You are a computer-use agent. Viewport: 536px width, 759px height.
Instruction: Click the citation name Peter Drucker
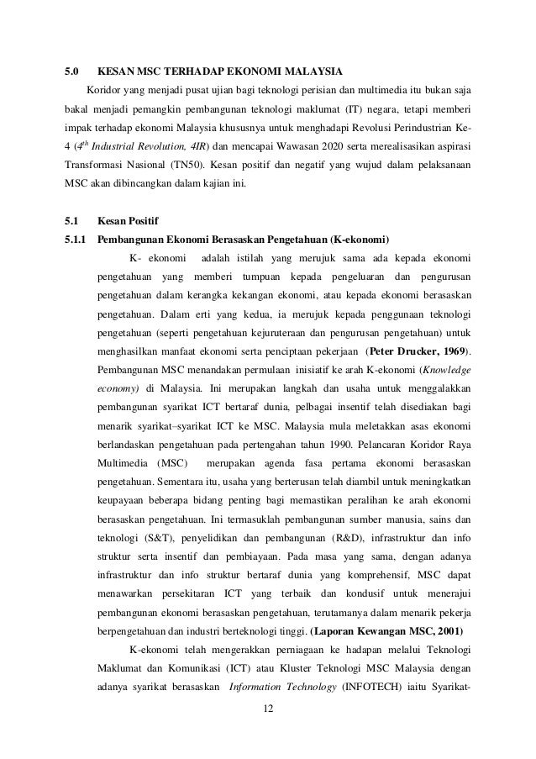[407, 350]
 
